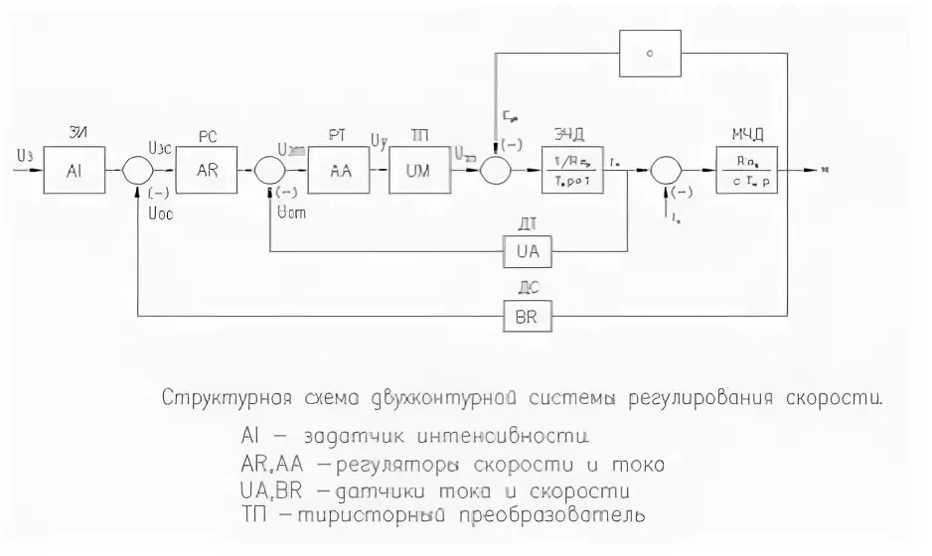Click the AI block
click(74, 170)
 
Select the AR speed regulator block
click(208, 170)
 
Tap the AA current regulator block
click(340, 170)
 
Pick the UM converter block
click(419, 170)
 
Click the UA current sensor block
click(528, 252)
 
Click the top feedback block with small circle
click(650, 54)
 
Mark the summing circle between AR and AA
click(270, 171)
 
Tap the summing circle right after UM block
click(494, 171)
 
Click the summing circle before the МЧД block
click(665, 171)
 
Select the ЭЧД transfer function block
click(573, 170)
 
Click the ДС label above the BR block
click(528, 290)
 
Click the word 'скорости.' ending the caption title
click(833, 400)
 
